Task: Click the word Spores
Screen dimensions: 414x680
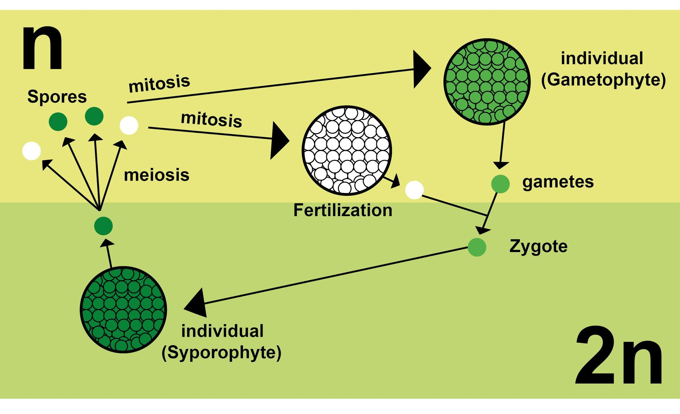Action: point(57,97)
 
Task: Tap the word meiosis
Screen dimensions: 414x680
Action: point(156,175)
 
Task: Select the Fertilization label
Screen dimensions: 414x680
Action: point(342,210)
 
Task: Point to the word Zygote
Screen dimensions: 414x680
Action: point(538,247)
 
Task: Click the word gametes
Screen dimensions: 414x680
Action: point(558,182)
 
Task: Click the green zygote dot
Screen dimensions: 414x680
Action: point(477,247)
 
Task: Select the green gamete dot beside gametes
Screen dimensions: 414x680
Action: point(500,184)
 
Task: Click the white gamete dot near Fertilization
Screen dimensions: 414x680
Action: point(414,190)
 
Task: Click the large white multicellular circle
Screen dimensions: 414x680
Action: point(347,151)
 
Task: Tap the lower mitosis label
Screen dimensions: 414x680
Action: point(211,119)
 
